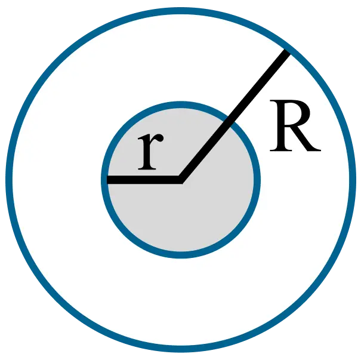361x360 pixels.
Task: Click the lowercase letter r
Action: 149,153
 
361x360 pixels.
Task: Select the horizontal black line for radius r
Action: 143,179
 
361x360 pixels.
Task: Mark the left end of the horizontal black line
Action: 108,179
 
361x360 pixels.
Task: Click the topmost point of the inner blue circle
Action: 181,104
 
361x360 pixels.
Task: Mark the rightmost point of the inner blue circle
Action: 257,179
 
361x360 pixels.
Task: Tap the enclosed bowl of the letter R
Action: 294,116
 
